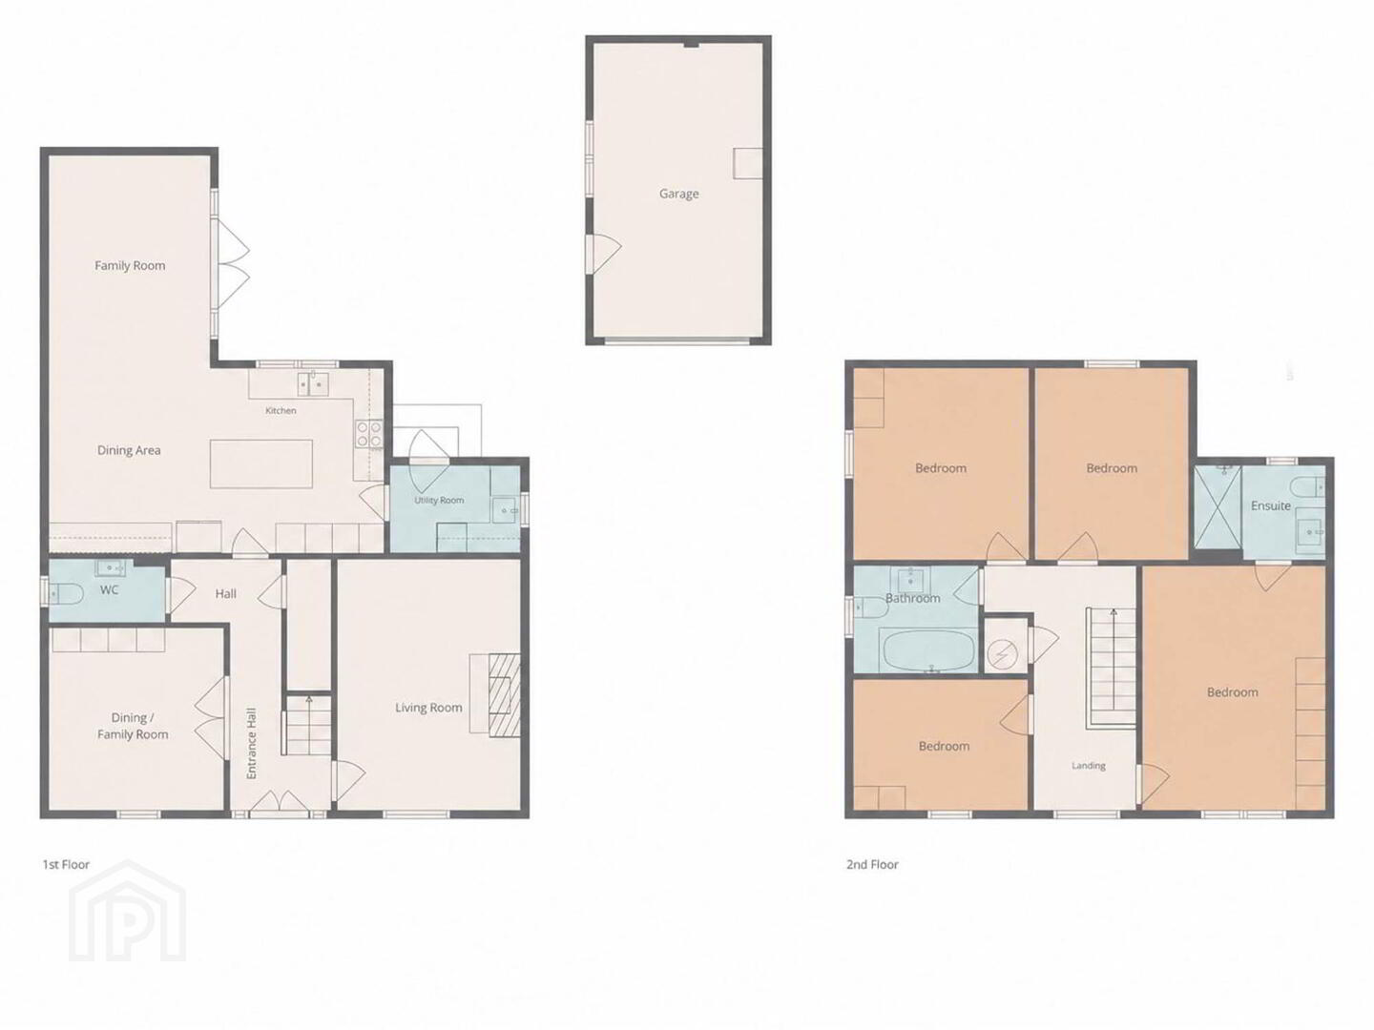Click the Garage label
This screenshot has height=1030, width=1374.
678,194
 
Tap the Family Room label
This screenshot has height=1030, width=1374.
130,265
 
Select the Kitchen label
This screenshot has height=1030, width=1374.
281,410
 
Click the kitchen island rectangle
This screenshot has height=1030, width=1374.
261,463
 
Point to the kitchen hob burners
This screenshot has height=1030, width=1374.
368,434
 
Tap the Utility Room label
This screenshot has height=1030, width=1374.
439,500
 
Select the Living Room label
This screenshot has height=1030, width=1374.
428,708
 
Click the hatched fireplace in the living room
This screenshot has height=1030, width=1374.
504,694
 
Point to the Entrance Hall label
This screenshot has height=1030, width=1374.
252,743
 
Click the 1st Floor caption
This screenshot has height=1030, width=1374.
66,864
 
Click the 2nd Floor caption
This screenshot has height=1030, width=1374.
872,864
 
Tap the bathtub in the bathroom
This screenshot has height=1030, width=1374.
927,649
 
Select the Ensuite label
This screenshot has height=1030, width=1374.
1271,505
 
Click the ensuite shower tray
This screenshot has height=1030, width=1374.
1218,512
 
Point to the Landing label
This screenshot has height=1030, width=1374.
1089,766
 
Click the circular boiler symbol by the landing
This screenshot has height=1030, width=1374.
1003,654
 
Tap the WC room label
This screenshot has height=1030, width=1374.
109,589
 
